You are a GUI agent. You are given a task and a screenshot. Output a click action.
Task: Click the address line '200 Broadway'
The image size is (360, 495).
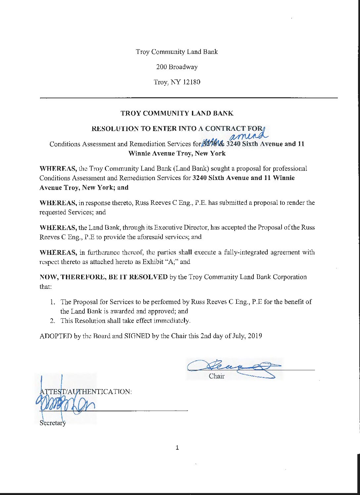pos(177,67)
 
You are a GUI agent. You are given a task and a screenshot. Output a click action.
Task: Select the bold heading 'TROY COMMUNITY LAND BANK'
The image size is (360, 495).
pos(177,113)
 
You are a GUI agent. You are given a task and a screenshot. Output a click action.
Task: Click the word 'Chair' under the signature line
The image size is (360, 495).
pos(216,376)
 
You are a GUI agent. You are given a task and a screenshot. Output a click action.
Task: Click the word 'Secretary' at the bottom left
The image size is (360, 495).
pos(53,423)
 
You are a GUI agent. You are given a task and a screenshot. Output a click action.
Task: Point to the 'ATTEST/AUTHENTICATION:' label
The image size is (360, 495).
pos(86,391)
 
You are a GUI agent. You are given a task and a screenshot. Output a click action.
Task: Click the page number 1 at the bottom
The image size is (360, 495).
pos(177,448)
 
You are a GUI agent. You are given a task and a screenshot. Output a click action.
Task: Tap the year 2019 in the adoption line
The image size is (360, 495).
pos(255,336)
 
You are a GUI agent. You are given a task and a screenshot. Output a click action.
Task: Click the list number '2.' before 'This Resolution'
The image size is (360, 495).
pos(53,321)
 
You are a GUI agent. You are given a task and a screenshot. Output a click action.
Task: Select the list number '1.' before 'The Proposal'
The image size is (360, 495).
pos(53,302)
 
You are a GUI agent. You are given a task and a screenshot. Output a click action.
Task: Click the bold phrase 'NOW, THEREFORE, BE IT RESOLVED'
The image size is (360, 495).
pos(104,277)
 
